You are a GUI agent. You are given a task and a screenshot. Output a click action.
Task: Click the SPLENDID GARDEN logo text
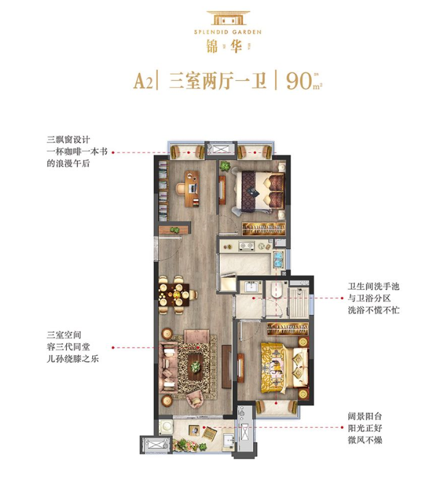point(227,32)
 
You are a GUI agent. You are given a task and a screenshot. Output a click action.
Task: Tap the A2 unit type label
point(143,81)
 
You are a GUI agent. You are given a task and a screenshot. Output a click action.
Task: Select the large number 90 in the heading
point(299,81)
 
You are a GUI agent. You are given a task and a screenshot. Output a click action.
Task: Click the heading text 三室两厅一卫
point(218,81)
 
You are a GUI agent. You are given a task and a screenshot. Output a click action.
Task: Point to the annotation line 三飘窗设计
point(68,139)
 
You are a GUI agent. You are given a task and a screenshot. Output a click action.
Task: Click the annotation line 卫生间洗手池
point(373,286)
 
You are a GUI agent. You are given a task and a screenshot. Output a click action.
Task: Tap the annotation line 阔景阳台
point(364,416)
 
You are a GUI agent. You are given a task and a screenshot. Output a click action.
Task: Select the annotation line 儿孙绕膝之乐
point(73,359)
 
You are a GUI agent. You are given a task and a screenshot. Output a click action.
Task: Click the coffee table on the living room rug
point(195,366)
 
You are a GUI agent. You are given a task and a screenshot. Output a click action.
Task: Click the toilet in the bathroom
point(276,290)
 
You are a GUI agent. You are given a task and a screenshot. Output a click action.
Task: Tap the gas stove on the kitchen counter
point(247,246)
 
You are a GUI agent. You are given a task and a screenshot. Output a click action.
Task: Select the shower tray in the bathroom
point(298,302)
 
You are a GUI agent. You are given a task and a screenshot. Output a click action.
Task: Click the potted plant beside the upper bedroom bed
point(224,165)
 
